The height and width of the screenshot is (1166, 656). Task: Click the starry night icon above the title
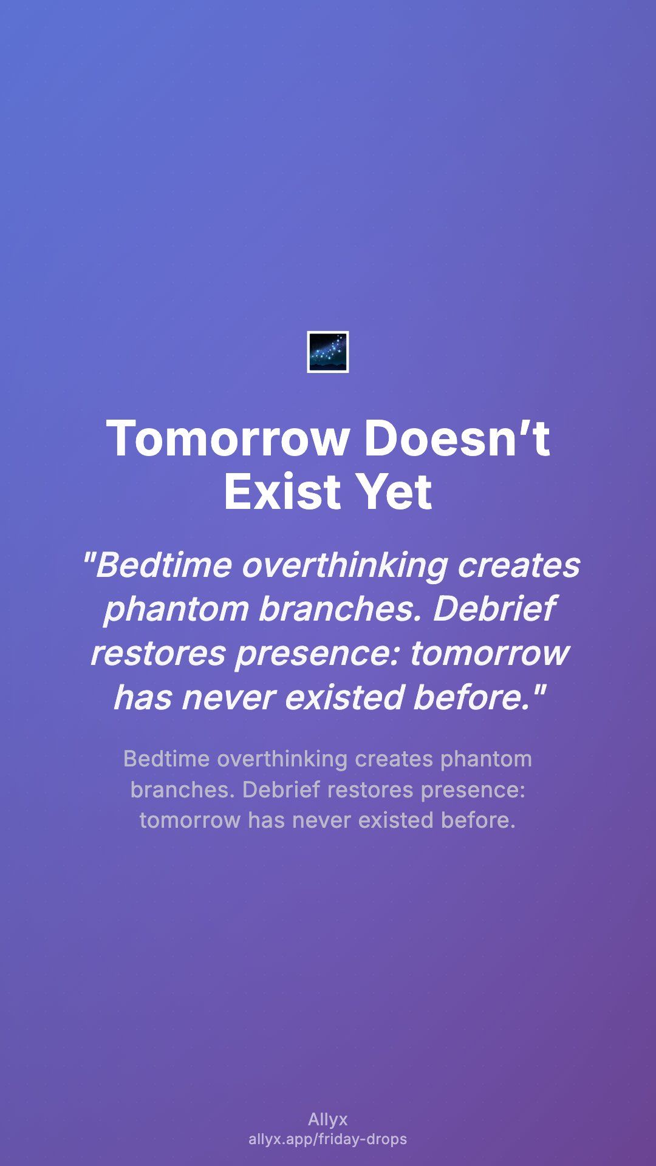pos(328,352)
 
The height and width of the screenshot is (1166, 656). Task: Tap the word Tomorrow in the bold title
pos(228,438)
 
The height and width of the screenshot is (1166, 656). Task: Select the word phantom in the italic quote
pos(176,610)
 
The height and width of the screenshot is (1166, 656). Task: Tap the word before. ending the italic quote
pos(480,697)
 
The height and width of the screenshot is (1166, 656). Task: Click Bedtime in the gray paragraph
pos(166,759)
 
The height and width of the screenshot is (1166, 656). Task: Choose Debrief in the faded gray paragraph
pos(281,789)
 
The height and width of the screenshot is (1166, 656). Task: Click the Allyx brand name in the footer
pos(328,1119)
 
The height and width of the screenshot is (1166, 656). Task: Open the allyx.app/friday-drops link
pos(328,1139)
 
